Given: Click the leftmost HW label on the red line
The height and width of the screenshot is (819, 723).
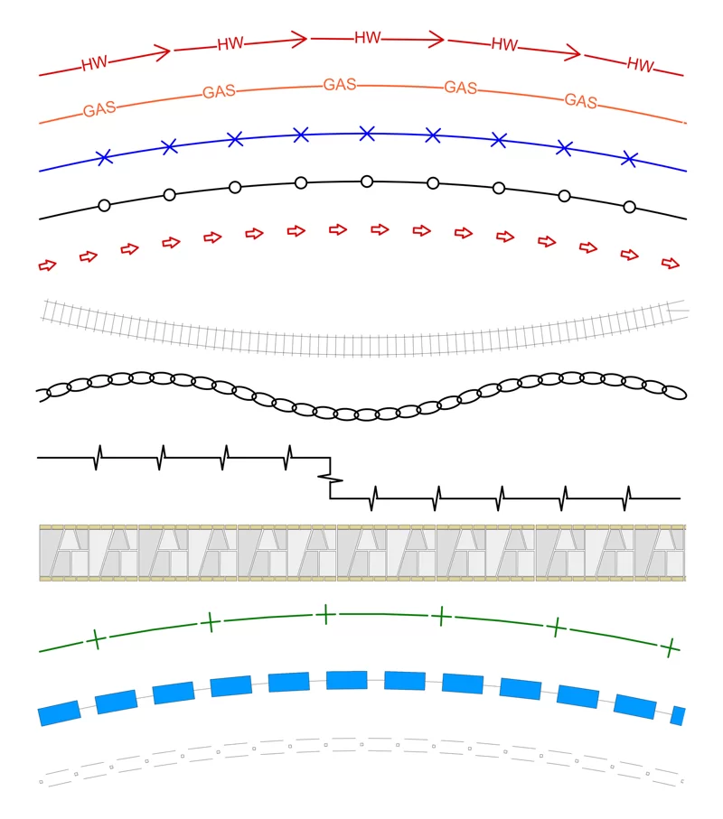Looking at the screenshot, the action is click(x=95, y=63).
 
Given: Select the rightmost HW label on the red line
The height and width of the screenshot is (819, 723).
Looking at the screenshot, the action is click(x=641, y=65).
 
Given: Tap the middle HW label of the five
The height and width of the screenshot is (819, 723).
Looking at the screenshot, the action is click(x=368, y=38).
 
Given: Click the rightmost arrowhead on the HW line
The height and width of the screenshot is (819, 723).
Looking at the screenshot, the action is click(x=573, y=52).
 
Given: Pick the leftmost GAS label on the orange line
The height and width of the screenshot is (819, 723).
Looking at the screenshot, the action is click(x=99, y=109).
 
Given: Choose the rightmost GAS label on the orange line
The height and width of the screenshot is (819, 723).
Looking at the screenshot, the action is click(x=581, y=101).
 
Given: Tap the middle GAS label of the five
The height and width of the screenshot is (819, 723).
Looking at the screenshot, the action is click(x=340, y=85).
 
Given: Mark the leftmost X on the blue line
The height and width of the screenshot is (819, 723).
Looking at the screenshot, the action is click(x=105, y=157).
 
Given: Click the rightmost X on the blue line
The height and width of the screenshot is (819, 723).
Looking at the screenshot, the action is click(x=629, y=159).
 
